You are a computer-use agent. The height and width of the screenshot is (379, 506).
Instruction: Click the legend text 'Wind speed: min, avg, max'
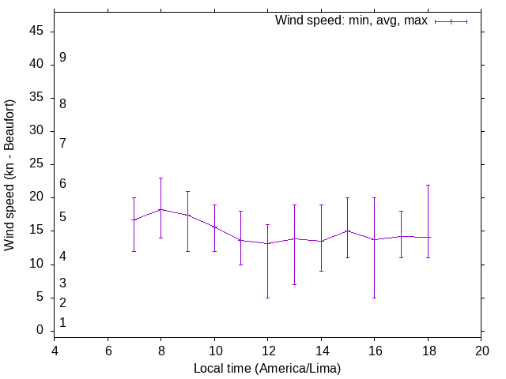[351, 21]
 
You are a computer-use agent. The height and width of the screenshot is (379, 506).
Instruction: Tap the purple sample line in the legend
[451, 21]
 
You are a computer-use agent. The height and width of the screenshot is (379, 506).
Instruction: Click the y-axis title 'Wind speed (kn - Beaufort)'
[9, 175]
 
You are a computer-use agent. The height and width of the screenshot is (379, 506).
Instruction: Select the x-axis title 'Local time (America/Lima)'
[267, 368]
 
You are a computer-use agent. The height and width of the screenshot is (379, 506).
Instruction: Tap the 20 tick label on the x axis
[482, 350]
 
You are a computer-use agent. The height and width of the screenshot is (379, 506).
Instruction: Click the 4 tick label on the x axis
[54, 350]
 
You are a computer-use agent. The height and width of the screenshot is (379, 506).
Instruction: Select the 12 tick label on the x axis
[267, 350]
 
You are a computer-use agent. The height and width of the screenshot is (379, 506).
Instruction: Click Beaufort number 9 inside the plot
[62, 58]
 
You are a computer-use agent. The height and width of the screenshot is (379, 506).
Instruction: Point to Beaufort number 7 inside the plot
[62, 143]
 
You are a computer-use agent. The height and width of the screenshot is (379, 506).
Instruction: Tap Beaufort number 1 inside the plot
[62, 323]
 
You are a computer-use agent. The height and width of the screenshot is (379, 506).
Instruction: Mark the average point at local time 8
[160, 209]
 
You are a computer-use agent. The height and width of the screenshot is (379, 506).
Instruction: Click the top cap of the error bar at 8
[160, 178]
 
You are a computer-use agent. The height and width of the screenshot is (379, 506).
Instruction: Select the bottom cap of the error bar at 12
[267, 298]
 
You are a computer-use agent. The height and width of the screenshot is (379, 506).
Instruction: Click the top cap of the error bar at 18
[429, 185]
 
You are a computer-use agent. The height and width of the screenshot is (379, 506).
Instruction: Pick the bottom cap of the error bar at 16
[375, 298]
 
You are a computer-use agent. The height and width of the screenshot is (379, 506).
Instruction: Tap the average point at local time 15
[348, 231]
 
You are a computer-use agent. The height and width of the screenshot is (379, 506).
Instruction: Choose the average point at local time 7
[134, 220]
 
